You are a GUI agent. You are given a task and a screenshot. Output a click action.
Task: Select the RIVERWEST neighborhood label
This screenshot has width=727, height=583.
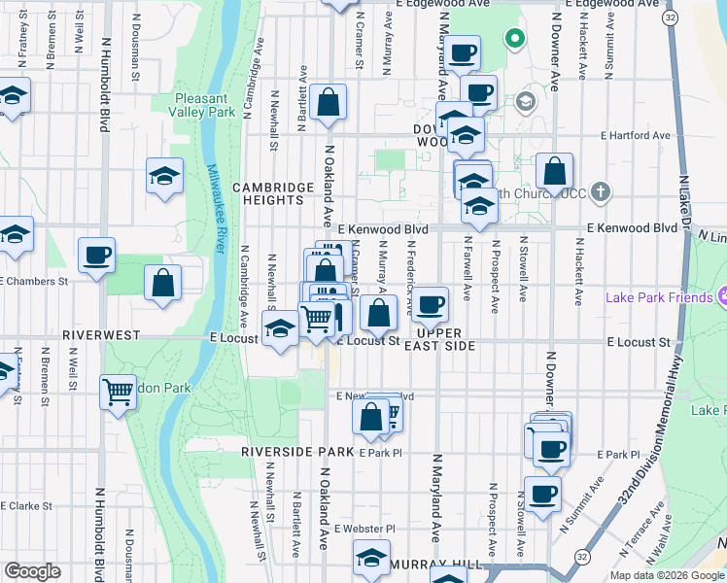[x=101, y=334]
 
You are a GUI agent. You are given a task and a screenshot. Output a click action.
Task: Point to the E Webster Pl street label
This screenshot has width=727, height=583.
[x=364, y=529]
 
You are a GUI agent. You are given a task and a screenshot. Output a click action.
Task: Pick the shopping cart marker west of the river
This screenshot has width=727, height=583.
[x=118, y=392]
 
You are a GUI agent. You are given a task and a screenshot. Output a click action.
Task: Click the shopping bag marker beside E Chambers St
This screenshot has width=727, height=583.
[x=163, y=283]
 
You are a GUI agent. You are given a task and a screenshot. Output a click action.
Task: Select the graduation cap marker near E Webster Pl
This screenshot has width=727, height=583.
[x=370, y=560]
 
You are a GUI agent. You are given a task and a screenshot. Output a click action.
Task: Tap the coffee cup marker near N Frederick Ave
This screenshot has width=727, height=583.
[x=431, y=305]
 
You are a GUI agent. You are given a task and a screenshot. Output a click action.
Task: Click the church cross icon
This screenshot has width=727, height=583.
[x=601, y=191]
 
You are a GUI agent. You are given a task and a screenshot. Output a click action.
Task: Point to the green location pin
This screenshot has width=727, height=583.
[x=513, y=40]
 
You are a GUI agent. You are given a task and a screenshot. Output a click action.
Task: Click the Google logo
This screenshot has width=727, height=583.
[x=32, y=571]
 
